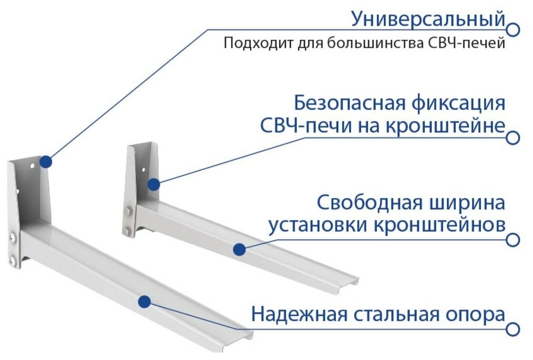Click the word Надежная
[299, 315]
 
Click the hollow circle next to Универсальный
[514, 29]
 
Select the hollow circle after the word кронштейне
[514, 138]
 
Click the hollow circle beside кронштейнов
[514, 240]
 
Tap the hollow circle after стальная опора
[514, 330]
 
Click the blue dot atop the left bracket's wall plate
[46, 161]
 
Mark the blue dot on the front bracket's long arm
[143, 301]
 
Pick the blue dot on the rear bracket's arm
[240, 249]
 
